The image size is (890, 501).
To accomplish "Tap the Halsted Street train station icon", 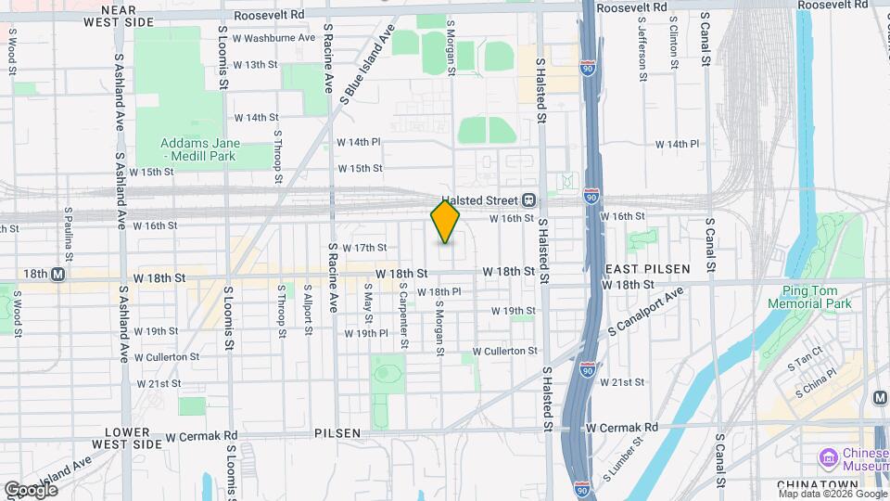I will click(528, 199).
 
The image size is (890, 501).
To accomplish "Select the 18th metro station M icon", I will click(57, 275).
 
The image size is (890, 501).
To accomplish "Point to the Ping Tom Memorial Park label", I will click(809, 297).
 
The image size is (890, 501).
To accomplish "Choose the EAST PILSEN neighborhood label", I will click(647, 268).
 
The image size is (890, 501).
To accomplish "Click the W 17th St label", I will click(363, 248).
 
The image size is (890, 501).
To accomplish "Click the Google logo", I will click(30, 489).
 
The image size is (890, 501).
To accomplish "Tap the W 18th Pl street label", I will click(439, 291).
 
